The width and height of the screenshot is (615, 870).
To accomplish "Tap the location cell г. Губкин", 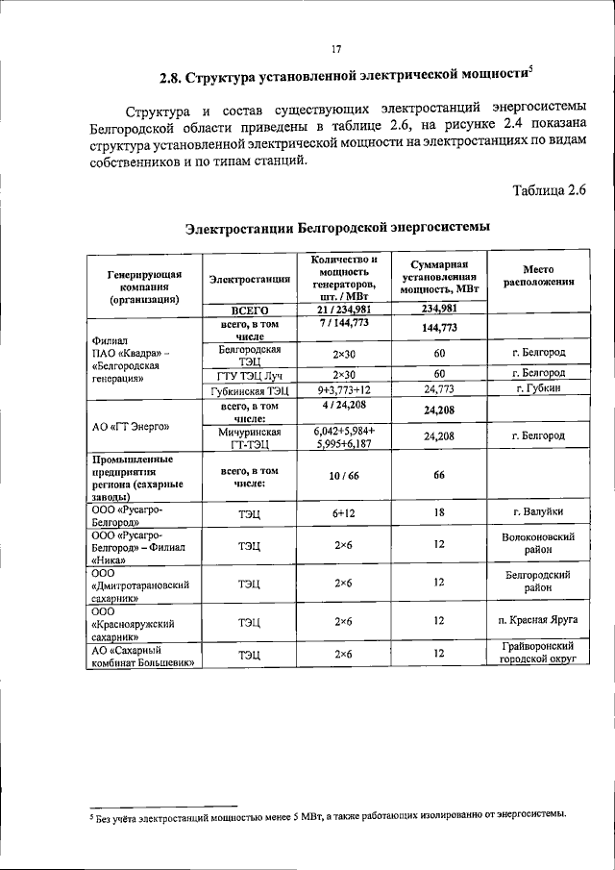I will pos(537,389).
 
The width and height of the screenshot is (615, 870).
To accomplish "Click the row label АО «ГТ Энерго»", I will pos(133,427).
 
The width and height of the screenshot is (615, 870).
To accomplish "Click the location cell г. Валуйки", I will pos(537,513).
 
